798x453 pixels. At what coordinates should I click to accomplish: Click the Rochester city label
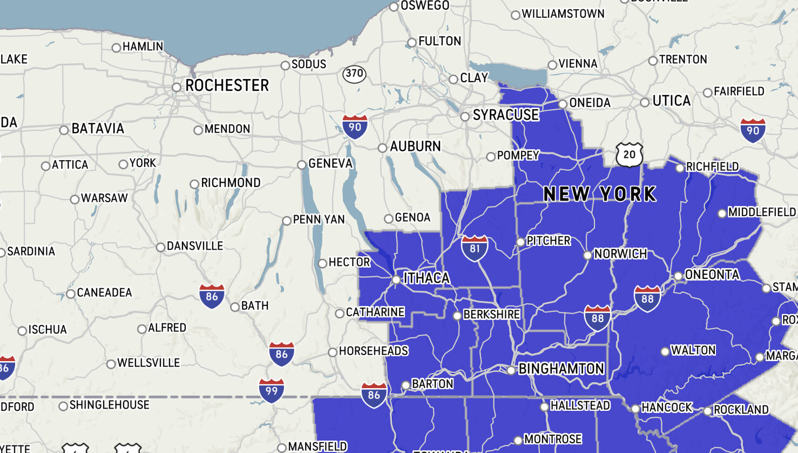[x=227, y=85]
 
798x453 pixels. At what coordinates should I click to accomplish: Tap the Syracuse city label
[x=505, y=115]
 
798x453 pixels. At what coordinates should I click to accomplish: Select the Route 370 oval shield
[x=354, y=74]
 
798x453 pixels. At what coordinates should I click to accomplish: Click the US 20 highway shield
[x=630, y=155]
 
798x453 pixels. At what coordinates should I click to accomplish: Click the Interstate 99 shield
[x=272, y=390]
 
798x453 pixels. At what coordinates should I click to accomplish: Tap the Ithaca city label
[x=427, y=278]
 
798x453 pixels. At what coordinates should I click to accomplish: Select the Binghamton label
[x=561, y=369]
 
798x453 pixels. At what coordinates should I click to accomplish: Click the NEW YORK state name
[x=599, y=194]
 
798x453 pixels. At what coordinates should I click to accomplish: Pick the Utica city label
[x=671, y=101]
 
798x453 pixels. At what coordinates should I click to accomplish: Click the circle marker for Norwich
[x=587, y=255]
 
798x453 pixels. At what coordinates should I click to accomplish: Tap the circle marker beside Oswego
[x=394, y=6]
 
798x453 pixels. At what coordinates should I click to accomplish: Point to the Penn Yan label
[x=319, y=219]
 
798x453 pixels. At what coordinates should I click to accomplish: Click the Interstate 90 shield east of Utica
[x=753, y=130]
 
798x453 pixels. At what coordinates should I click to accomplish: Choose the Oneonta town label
[x=712, y=275]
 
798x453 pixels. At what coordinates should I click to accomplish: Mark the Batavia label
[x=98, y=129]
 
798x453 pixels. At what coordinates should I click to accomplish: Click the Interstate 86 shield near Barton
[x=374, y=395]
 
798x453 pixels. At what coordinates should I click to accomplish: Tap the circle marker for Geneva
[x=302, y=164]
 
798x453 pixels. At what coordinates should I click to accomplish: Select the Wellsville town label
[x=148, y=363]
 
